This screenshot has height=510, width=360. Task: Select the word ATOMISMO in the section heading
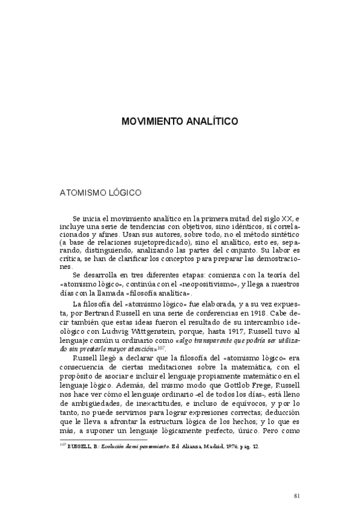tap(81, 194)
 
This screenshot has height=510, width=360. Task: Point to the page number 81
tap(297, 478)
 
